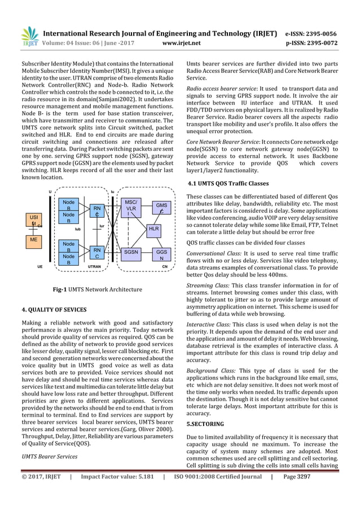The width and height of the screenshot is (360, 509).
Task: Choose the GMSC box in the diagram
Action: pyautogui.click(x=161, y=208)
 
